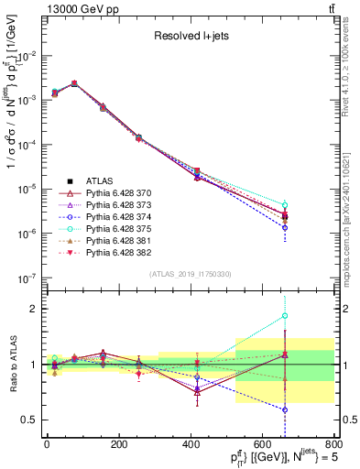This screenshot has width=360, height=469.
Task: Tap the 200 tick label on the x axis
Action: point(118,445)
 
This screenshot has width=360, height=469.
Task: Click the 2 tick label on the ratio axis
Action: point(33,309)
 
